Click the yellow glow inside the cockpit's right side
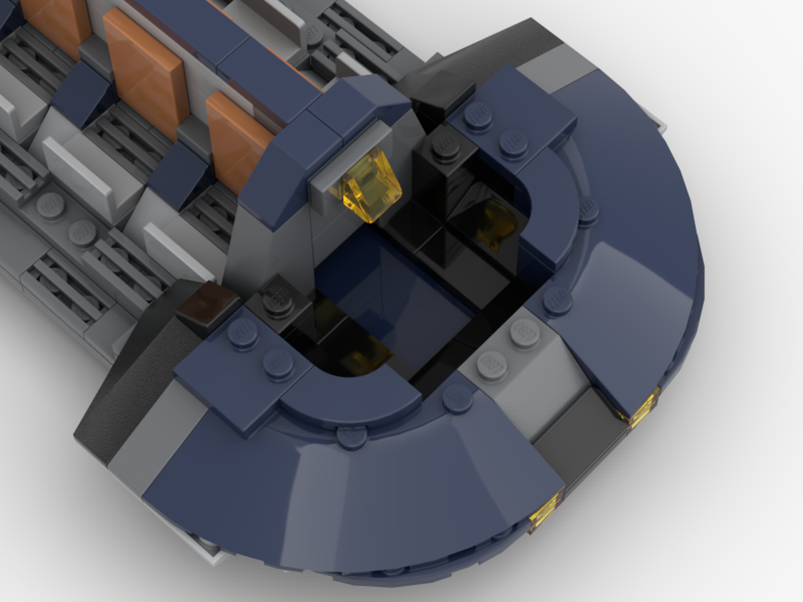(494, 221)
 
